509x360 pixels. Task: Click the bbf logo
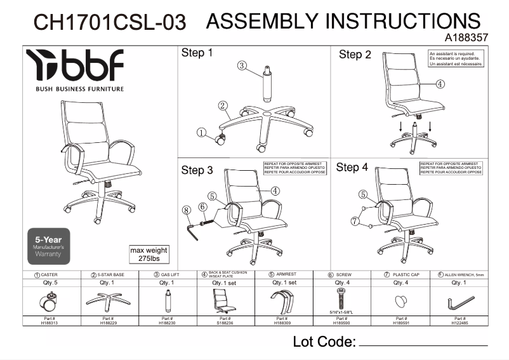coord(75,65)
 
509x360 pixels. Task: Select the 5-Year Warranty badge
coord(48,244)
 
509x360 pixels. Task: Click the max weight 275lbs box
coord(149,255)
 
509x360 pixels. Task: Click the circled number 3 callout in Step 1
coord(242,65)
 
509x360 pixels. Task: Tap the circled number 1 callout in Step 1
coord(202,133)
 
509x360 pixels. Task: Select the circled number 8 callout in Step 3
coord(187,210)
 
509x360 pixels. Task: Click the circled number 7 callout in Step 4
coord(354,221)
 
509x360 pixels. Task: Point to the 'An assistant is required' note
coord(456,59)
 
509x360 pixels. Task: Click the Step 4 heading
coord(352,168)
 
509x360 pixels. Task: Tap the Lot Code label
coord(324,342)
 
